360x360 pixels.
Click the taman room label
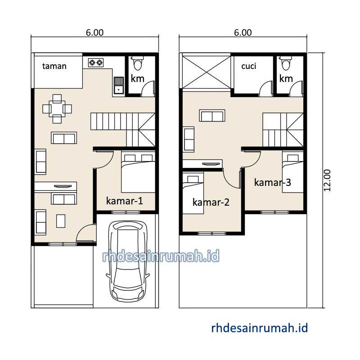coord(54,66)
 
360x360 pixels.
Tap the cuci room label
coord(249,66)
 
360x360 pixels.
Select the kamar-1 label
coord(125,201)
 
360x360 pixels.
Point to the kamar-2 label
coord(211,202)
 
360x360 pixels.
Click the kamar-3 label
coord(273,183)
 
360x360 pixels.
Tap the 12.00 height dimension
coord(327,180)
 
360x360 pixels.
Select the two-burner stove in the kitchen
coord(96,63)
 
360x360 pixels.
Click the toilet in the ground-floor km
coord(138,63)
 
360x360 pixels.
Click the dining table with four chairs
coord(57,109)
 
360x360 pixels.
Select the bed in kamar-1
coord(138,172)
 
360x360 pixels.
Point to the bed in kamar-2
coord(193,193)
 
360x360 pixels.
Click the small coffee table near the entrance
coord(61,221)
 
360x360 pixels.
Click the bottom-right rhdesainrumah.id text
coord(260,328)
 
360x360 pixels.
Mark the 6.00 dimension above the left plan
coord(94,32)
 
